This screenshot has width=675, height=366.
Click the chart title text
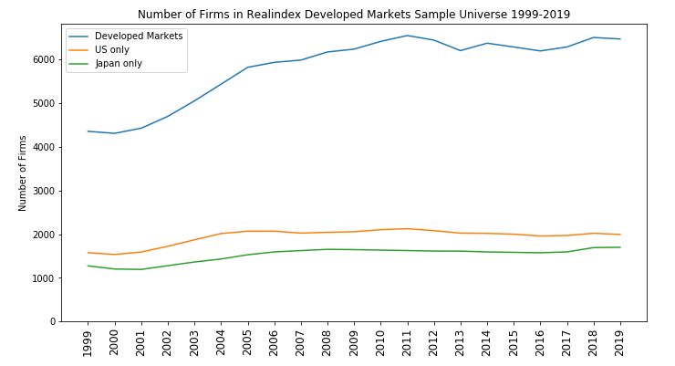click(x=354, y=15)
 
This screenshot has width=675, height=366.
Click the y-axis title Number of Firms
click(x=23, y=173)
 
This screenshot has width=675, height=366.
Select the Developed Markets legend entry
click(x=139, y=37)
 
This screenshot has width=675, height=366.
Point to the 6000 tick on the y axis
click(x=42, y=60)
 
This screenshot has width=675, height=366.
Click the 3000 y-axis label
click(x=42, y=191)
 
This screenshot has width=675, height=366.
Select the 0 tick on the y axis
click(x=51, y=322)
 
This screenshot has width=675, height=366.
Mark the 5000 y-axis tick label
click(x=42, y=104)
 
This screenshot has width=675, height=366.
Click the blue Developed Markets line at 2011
click(x=407, y=36)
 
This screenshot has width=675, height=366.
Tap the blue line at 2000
click(x=114, y=133)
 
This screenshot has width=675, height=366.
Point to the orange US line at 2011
click(x=407, y=228)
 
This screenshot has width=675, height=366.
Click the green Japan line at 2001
click(x=140, y=269)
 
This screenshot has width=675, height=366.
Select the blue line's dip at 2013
click(x=461, y=50)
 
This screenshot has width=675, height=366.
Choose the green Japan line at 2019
click(x=620, y=247)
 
